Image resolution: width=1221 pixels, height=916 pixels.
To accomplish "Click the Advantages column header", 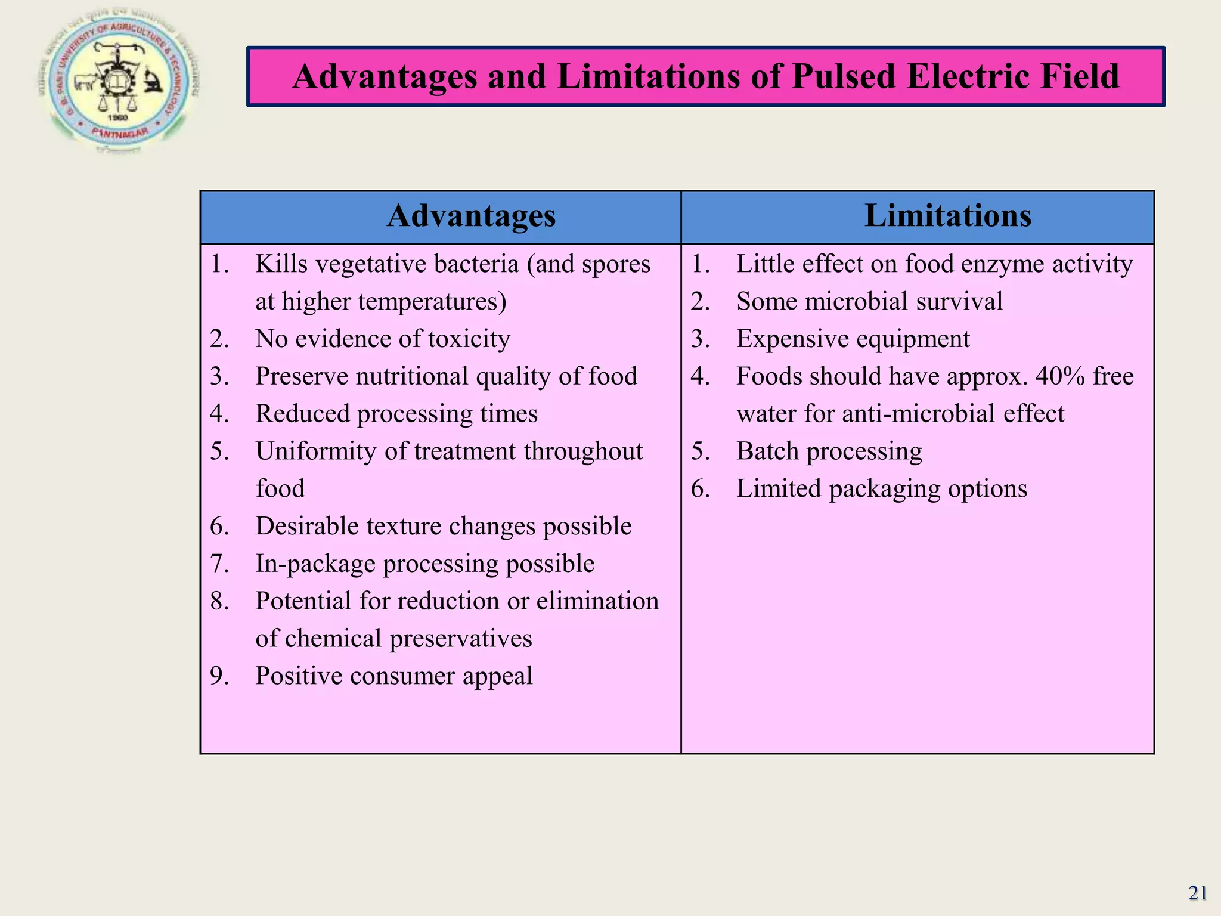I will point(471,216).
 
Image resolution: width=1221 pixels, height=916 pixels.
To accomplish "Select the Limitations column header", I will point(947,216).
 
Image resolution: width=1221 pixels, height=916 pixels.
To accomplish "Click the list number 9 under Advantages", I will point(219,676).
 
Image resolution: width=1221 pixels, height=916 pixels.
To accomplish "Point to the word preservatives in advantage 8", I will point(460,639).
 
